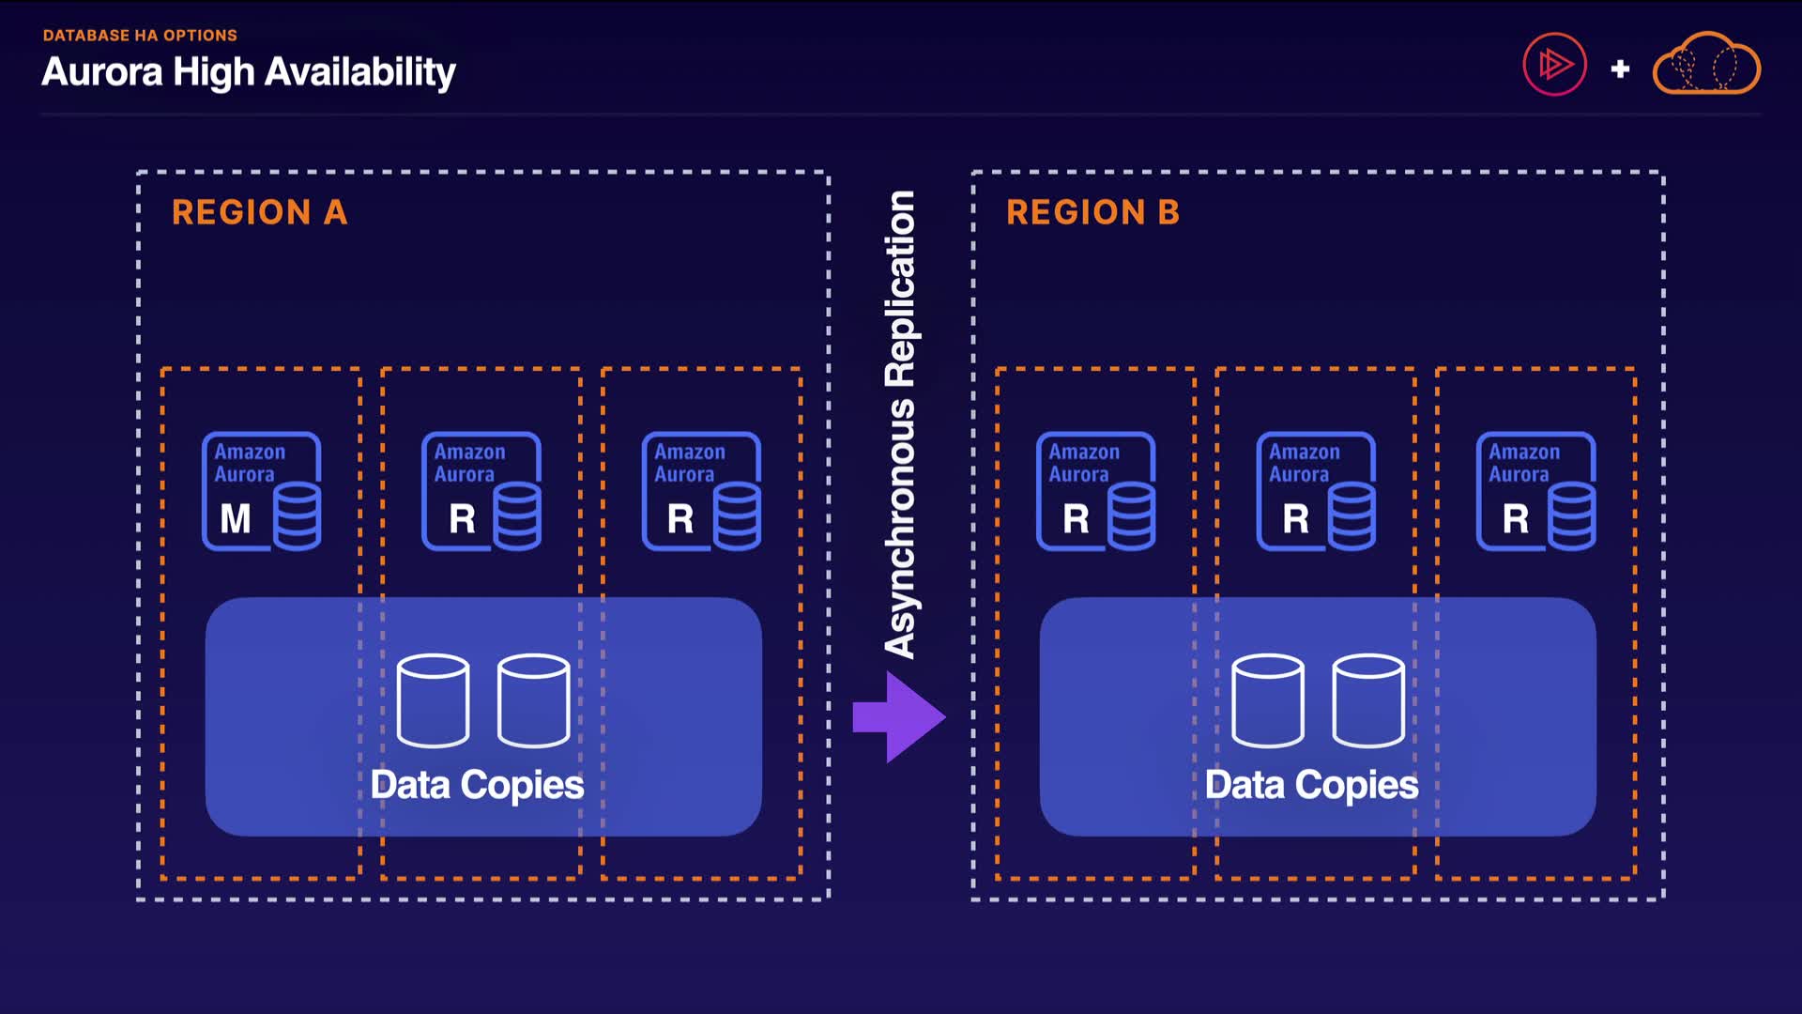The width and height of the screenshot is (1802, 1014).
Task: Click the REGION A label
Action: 259,212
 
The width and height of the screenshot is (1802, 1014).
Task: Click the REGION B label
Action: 1092,212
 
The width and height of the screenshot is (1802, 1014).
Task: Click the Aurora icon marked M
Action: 262,491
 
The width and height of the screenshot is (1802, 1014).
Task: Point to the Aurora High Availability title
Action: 249,72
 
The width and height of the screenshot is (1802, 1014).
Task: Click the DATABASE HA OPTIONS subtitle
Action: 140,36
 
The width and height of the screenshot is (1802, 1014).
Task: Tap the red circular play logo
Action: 1554,65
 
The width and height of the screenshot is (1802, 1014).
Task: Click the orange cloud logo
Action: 1706,64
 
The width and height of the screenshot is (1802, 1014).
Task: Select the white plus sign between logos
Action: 1620,69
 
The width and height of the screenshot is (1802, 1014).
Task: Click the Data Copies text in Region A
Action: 477,785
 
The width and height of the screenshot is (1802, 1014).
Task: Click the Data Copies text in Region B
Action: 1311,785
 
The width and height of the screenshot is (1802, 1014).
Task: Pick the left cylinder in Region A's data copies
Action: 433,700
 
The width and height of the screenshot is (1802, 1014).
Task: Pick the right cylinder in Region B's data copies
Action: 1368,700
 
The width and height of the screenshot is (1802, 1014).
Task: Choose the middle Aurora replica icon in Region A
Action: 481,491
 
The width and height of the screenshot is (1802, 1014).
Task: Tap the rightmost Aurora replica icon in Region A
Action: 701,491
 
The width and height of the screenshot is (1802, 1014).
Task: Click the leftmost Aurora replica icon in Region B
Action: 1096,491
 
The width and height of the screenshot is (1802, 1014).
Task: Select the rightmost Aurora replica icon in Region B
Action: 1535,491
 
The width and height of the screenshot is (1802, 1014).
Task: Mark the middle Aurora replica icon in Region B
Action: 1316,491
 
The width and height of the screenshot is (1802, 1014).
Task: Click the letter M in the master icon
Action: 236,518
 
